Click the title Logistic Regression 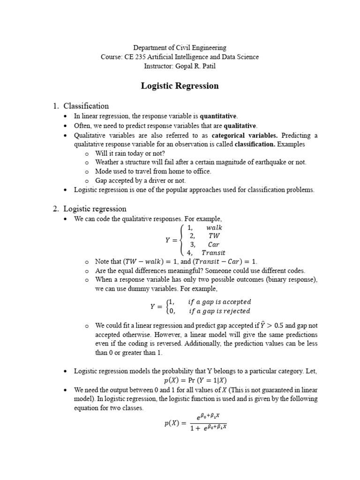click(180, 86)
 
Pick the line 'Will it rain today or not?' click(130, 153)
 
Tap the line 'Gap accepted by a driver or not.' click(141, 180)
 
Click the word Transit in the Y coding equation click(213, 253)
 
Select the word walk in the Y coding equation click(214, 227)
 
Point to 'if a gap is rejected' click(219, 311)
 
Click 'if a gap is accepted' click(220, 301)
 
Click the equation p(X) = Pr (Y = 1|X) click(196, 380)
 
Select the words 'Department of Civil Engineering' click(180, 47)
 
